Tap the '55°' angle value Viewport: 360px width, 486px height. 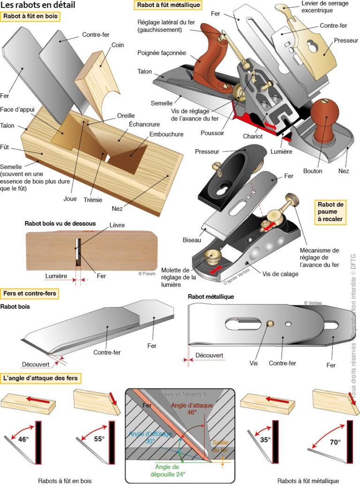click(97, 440)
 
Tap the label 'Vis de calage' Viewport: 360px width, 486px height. click(280, 274)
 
